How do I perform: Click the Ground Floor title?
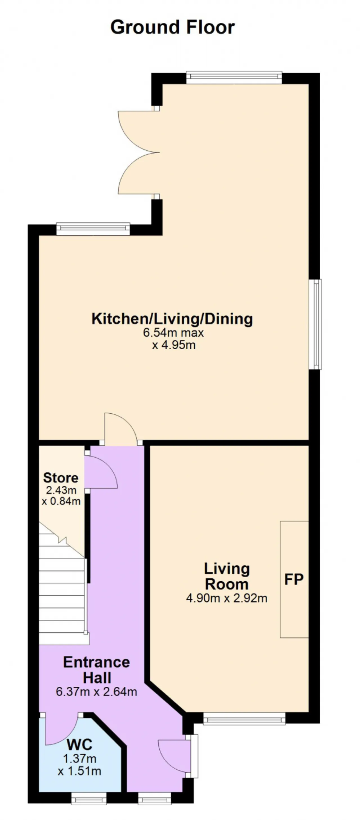(172, 27)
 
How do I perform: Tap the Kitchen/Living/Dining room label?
(172, 319)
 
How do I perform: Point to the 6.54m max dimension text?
(173, 333)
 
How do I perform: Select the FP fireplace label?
(293, 579)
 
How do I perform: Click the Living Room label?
(227, 576)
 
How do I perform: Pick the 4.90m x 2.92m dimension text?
(227, 598)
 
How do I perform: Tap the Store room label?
(60, 478)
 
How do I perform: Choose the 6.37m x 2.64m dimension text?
(96, 691)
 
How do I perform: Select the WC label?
(80, 745)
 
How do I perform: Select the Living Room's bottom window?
(244, 718)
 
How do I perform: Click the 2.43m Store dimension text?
(61, 490)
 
